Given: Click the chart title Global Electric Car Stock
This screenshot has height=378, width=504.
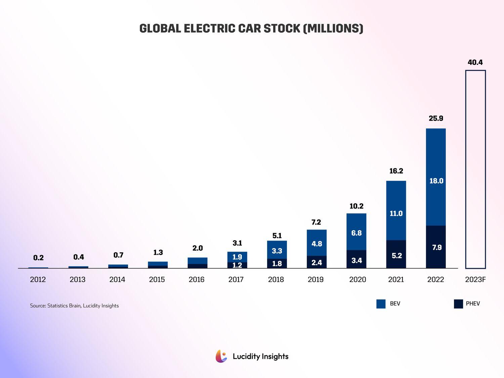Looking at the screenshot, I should click(x=251, y=29).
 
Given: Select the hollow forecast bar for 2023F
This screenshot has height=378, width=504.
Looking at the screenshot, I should click(x=475, y=169).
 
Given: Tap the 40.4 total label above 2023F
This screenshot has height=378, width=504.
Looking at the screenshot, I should click(x=475, y=62).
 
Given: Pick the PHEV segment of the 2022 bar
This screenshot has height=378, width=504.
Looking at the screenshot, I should click(x=436, y=247).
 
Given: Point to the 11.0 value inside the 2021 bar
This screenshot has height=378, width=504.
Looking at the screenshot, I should click(x=396, y=213).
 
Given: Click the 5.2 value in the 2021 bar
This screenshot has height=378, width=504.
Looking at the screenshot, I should click(x=396, y=256).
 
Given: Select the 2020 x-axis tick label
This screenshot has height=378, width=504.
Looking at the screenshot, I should click(x=357, y=280).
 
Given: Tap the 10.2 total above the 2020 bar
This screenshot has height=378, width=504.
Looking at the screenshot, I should click(x=356, y=206).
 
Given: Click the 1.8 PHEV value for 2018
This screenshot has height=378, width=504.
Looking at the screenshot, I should click(x=277, y=264).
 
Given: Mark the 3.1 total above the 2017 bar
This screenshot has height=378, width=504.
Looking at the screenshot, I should click(x=237, y=243).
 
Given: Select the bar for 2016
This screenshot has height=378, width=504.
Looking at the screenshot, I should click(x=198, y=263).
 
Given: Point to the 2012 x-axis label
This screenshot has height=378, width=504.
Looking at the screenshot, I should click(x=38, y=280).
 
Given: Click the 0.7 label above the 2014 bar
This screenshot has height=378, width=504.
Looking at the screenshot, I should click(x=118, y=255).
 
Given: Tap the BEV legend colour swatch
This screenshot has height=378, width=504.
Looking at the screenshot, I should click(x=381, y=304).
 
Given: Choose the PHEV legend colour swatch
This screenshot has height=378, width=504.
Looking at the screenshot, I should click(x=458, y=304).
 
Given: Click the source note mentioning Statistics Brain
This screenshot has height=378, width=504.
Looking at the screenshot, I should click(x=74, y=306).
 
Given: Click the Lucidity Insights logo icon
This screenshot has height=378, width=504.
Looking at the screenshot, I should click(x=221, y=356).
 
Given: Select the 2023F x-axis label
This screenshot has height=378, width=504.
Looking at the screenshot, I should click(x=475, y=280).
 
